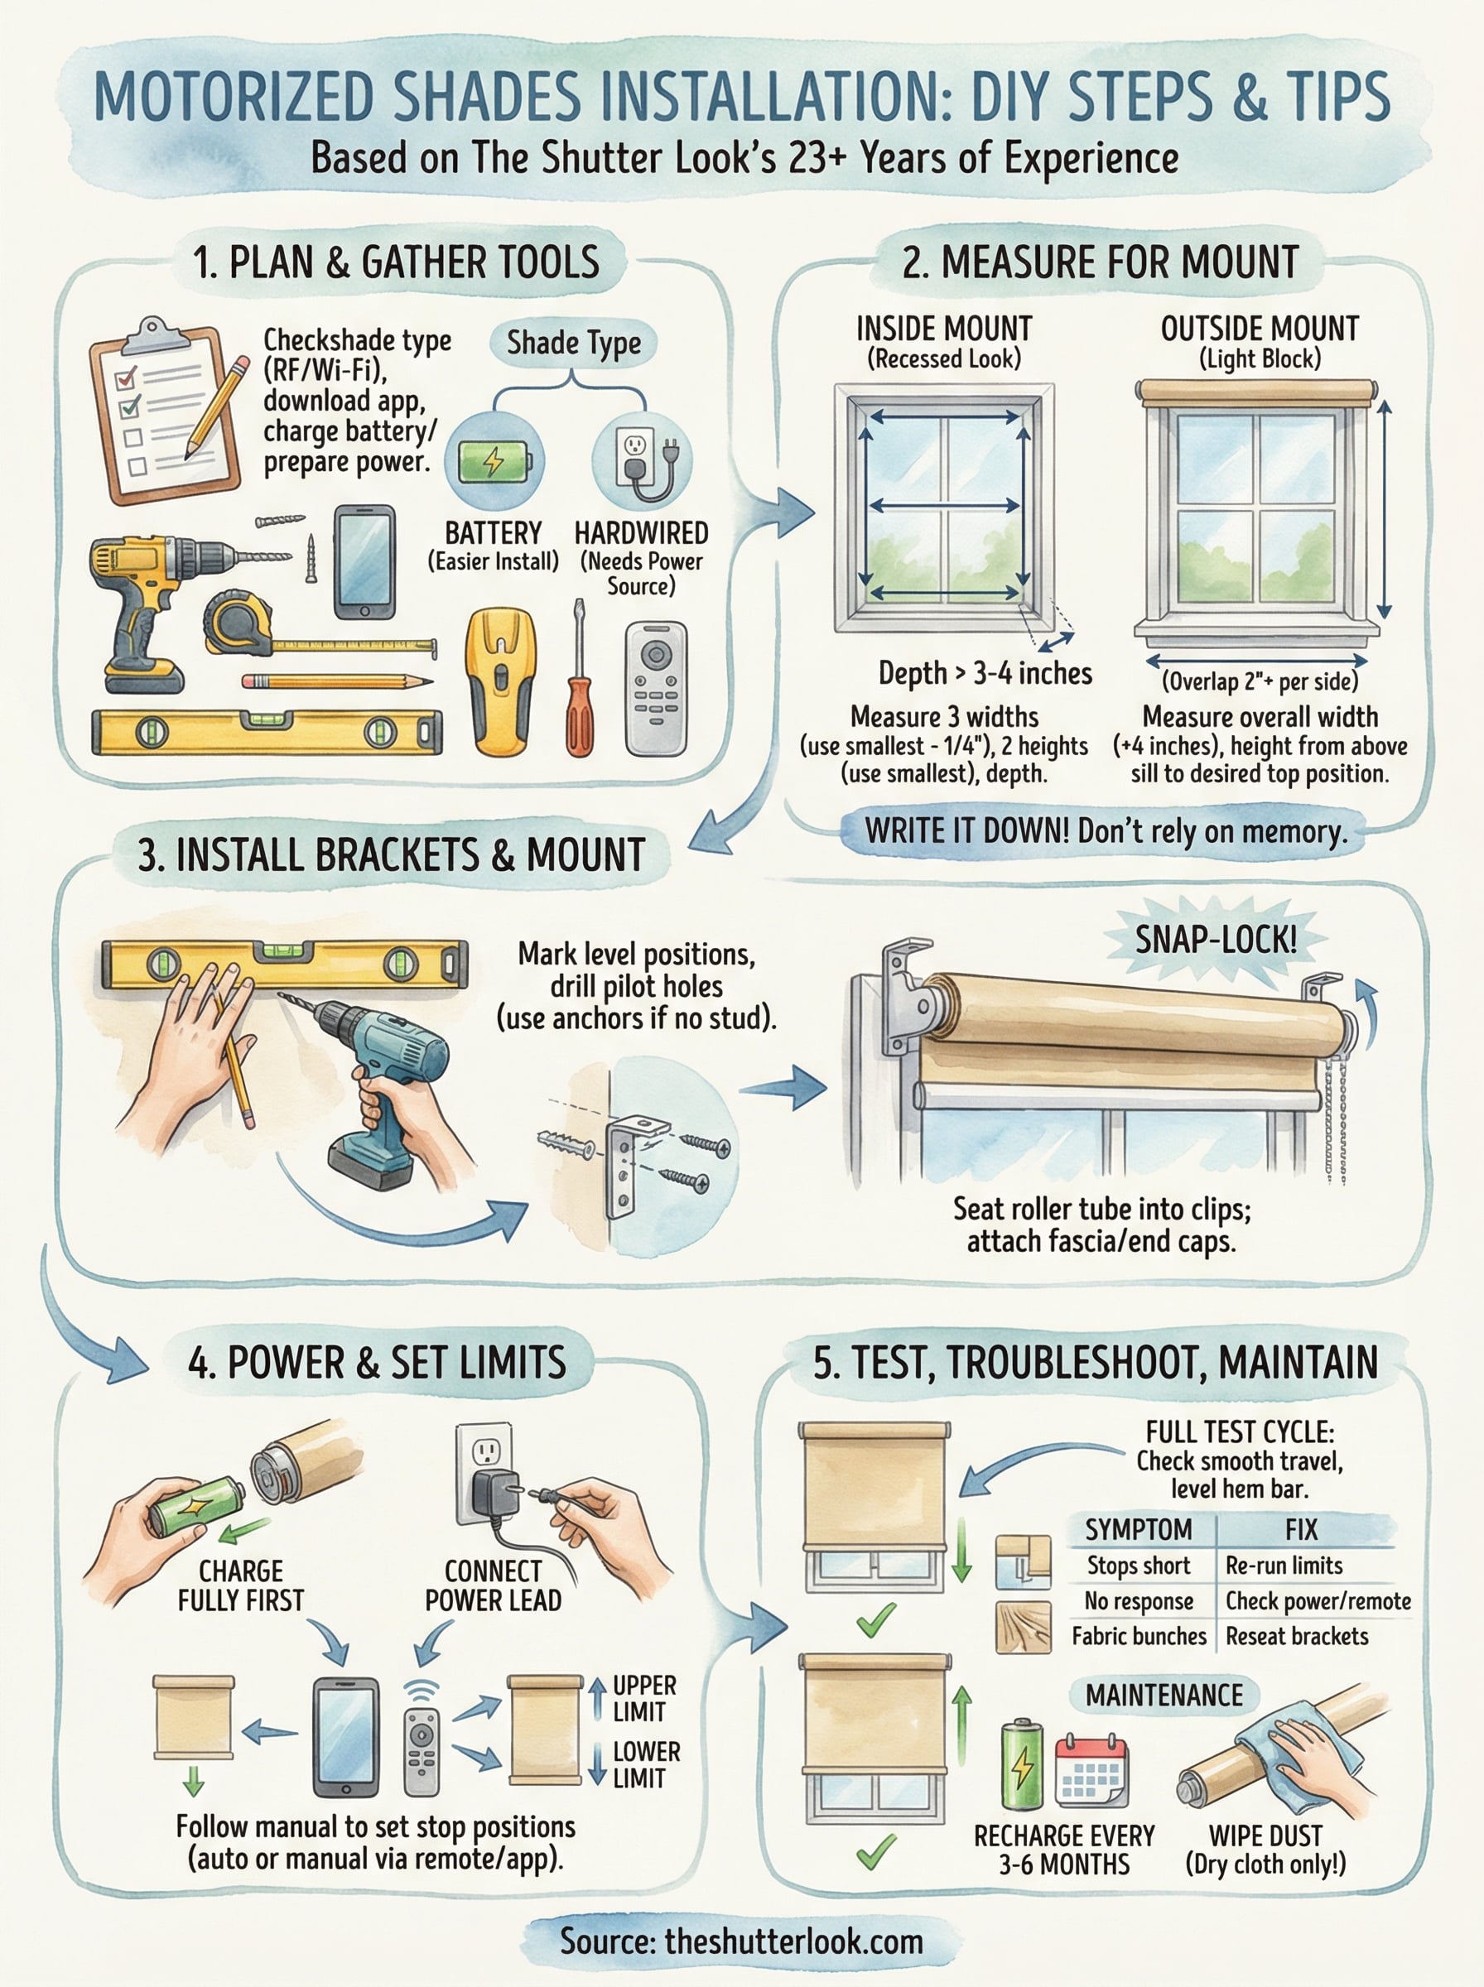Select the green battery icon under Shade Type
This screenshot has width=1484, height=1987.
[x=494, y=461]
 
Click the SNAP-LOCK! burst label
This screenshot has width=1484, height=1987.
[x=1216, y=940]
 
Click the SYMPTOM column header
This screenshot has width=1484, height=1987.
[x=1137, y=1528]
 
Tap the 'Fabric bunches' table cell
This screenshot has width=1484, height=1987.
[x=1138, y=1635]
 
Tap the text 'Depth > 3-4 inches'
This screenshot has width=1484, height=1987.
[x=985, y=673]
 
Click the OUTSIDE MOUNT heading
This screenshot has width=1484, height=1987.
[x=1260, y=330]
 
